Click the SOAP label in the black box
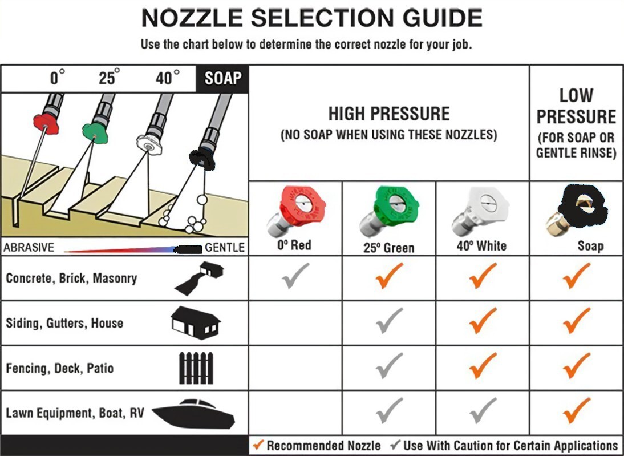pos(223,78)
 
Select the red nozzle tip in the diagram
pos(46,123)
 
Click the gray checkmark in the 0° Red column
pos(295,275)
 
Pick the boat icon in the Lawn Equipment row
pos(194,414)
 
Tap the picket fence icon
pos(196,368)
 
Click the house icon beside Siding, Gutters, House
pos(196,322)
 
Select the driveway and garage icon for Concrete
pos(198,278)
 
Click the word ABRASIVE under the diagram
pos(29,247)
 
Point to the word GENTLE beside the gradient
pos(225,247)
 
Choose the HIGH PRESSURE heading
pos(389,114)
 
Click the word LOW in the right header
pos(576,95)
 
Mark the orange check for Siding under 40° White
pos(483,320)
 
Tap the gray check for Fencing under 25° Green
pos(389,365)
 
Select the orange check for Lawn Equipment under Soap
pos(577,410)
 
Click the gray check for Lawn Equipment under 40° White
pos(483,410)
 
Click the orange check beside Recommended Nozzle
pos(258,445)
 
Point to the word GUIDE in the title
pos(442,18)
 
